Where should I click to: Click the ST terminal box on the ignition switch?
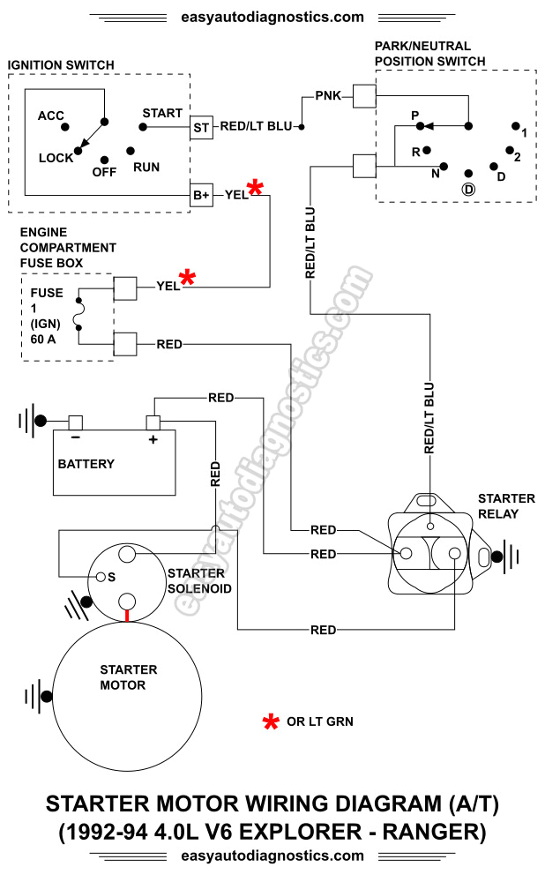click(201, 128)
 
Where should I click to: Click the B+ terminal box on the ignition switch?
click(201, 195)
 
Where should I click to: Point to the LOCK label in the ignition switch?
click(56, 158)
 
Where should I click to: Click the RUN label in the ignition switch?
click(146, 166)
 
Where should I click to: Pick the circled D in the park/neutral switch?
click(468, 190)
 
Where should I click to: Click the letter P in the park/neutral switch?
click(414, 116)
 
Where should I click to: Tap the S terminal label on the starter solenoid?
click(112, 577)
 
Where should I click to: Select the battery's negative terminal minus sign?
click(76, 438)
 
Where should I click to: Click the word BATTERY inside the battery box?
click(86, 464)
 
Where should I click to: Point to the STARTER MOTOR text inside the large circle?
click(129, 677)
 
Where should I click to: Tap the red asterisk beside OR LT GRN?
click(271, 722)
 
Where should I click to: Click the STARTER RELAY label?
click(498, 506)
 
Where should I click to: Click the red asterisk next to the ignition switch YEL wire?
click(256, 188)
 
